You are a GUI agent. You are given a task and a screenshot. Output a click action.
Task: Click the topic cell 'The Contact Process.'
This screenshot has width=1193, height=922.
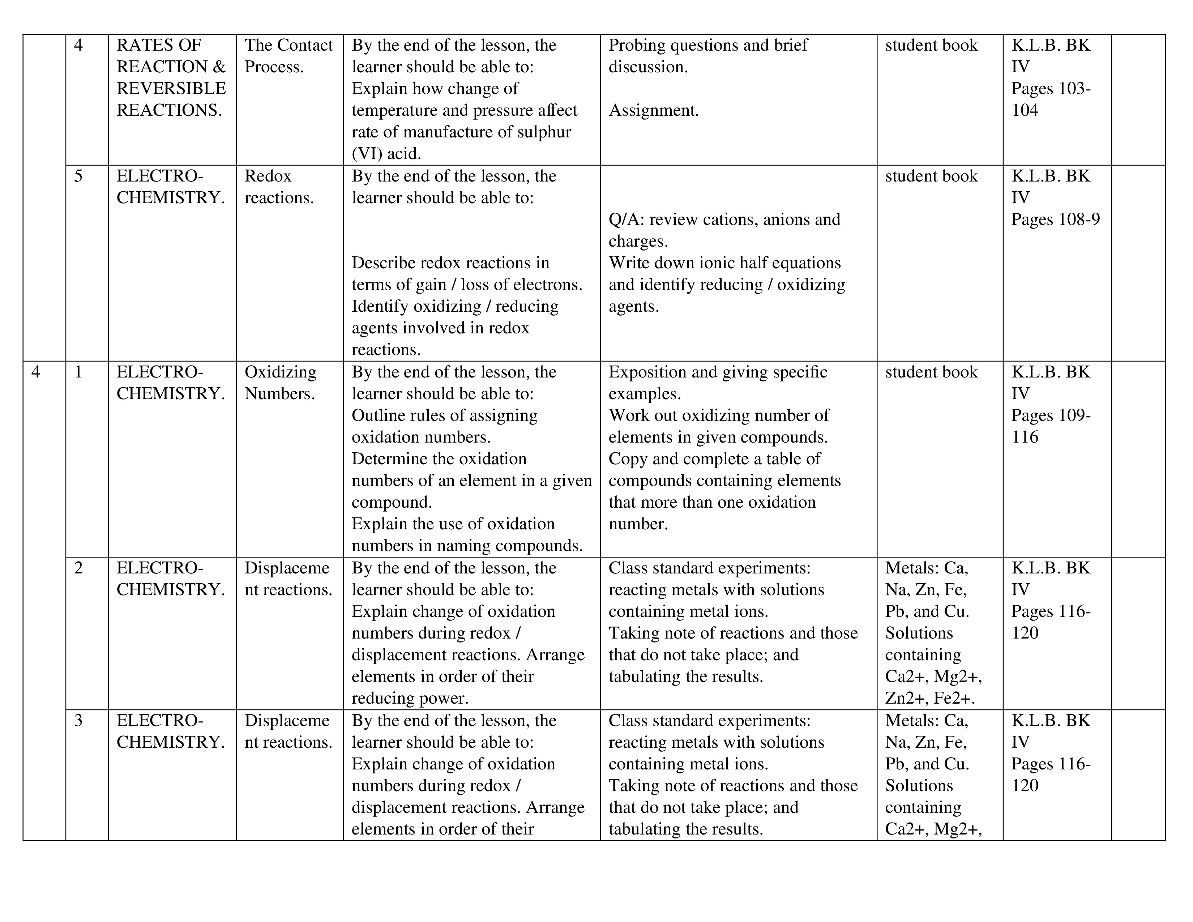point(288,56)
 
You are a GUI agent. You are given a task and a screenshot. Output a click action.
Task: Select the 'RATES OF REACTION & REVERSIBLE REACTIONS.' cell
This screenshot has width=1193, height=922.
point(171,78)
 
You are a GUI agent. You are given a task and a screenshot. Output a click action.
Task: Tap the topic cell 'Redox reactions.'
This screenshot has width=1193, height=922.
point(279,187)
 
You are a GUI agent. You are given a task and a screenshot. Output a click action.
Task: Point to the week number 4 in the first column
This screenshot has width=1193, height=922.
point(36,372)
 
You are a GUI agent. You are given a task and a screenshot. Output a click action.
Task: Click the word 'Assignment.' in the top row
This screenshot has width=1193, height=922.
point(653,110)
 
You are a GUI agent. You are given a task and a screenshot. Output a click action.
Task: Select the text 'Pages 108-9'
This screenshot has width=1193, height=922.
point(1055,219)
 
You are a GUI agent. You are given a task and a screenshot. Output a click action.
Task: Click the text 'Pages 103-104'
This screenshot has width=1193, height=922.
point(1051,99)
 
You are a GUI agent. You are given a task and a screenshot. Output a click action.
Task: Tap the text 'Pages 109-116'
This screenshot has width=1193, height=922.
point(1051,426)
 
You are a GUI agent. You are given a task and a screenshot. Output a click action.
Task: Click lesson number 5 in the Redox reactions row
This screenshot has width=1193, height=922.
point(78,176)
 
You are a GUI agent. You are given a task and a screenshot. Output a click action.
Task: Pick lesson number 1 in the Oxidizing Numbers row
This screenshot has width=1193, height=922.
point(78,372)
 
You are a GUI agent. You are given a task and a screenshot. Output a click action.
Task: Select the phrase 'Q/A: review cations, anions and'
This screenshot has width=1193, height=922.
point(724,219)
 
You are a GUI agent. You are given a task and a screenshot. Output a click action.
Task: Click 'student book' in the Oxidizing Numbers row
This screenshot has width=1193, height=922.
point(931,372)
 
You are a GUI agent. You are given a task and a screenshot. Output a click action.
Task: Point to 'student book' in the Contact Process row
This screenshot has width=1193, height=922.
point(931,45)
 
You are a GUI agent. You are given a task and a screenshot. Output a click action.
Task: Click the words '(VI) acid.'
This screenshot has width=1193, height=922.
point(386,153)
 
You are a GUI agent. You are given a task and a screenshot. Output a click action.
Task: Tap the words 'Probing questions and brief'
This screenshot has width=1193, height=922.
point(708,45)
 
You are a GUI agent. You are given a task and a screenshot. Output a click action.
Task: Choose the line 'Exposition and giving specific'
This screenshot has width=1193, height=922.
point(718,372)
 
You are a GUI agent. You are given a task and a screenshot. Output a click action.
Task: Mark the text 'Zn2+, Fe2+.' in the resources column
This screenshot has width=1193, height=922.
point(930,698)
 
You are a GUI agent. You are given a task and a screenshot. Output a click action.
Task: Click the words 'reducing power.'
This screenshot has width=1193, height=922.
point(410,698)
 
